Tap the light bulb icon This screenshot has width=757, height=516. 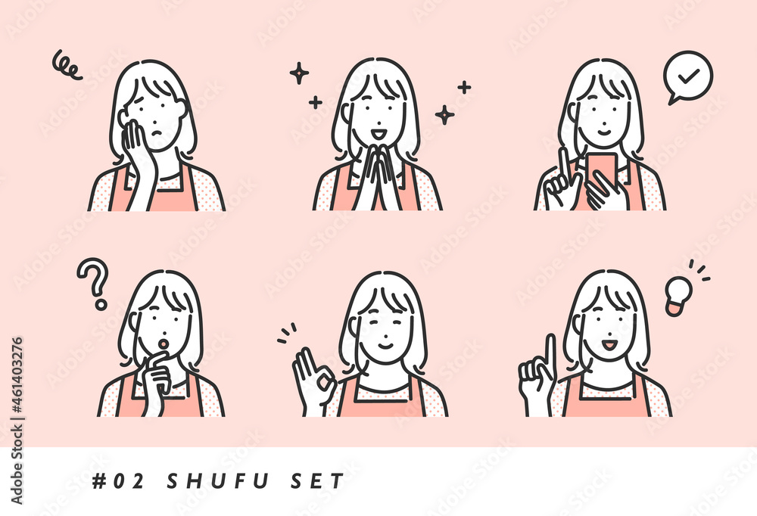[x=678, y=295]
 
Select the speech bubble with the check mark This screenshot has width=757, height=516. [x=687, y=77]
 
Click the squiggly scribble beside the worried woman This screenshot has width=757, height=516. [x=67, y=64]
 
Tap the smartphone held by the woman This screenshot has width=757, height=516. [x=602, y=170]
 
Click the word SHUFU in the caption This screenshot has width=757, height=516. [x=218, y=481]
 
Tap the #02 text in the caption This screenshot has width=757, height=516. [x=118, y=481]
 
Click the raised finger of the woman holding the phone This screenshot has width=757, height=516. [x=564, y=165]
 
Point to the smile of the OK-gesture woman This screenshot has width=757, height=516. [x=385, y=345]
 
